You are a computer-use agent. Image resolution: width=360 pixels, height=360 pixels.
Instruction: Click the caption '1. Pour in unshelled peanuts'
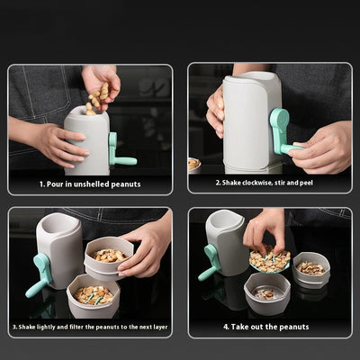tap(89, 184)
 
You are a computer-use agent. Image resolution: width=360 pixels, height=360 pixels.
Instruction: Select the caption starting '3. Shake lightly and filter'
tap(90, 328)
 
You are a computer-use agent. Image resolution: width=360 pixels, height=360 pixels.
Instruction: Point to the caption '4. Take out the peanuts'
tap(267, 328)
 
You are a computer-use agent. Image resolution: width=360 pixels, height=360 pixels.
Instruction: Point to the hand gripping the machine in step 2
tap(216, 112)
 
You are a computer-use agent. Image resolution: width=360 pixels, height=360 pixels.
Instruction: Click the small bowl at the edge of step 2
tap(193, 164)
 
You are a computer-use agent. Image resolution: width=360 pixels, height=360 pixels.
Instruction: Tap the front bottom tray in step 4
tap(268, 293)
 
